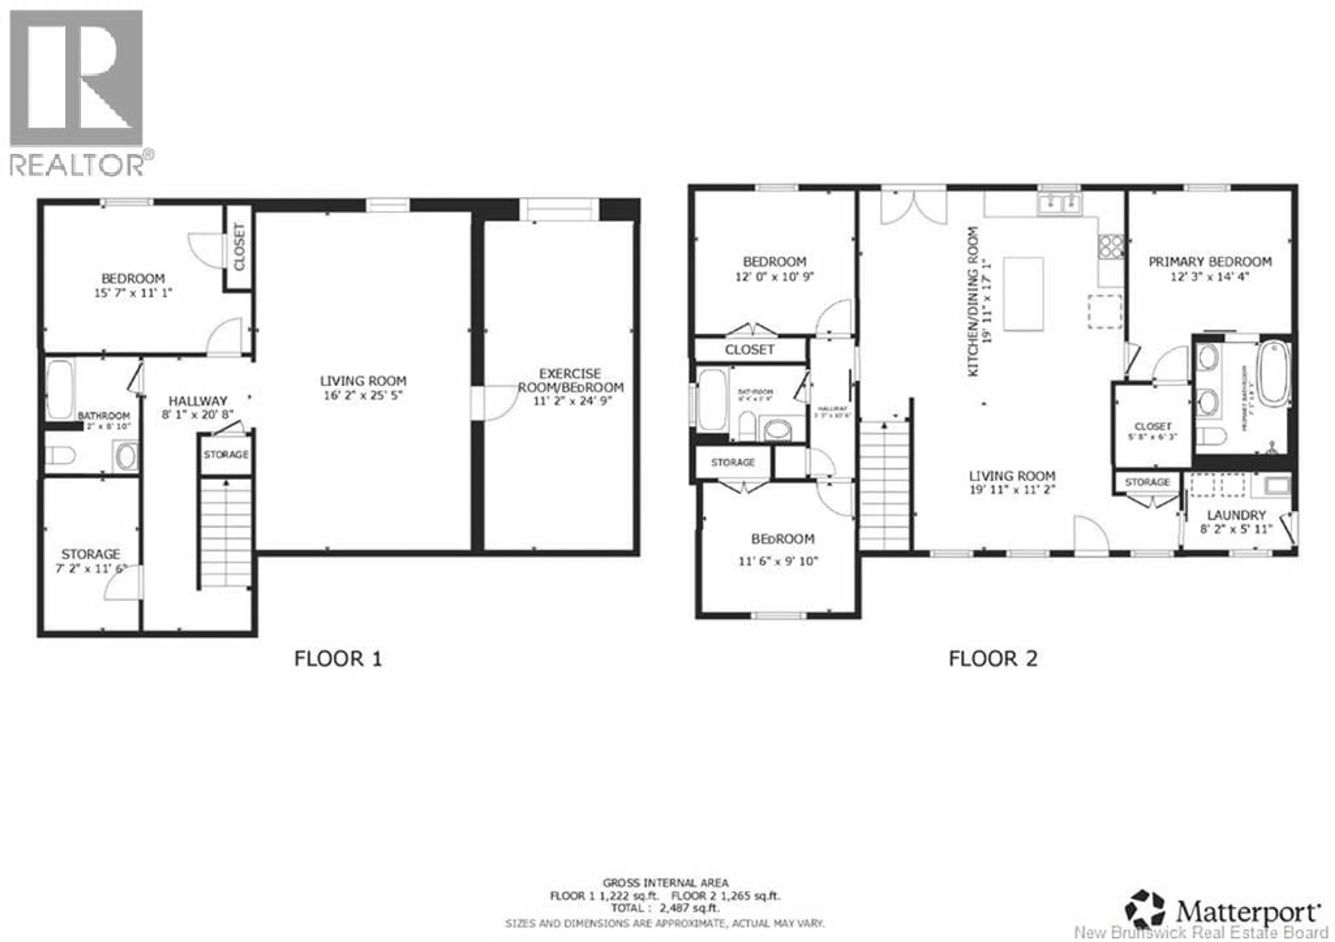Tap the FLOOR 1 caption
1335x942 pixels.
(338, 659)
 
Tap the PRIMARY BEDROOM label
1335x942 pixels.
(1209, 262)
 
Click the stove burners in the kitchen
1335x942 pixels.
(1110, 245)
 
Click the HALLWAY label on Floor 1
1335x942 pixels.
(198, 401)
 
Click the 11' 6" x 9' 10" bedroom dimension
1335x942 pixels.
(778, 562)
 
